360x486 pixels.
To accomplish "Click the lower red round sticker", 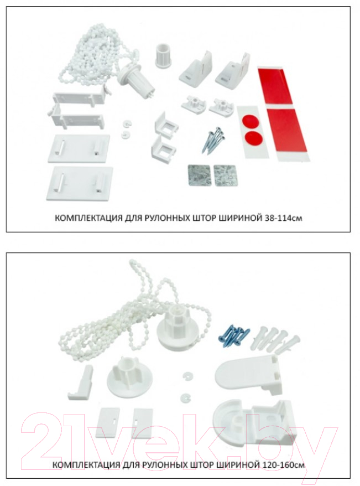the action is coord(253,136).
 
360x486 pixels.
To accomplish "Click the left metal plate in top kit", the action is coord(199,175).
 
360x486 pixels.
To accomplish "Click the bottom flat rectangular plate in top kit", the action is coord(80,183).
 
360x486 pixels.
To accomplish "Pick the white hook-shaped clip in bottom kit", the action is coord(80,381).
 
